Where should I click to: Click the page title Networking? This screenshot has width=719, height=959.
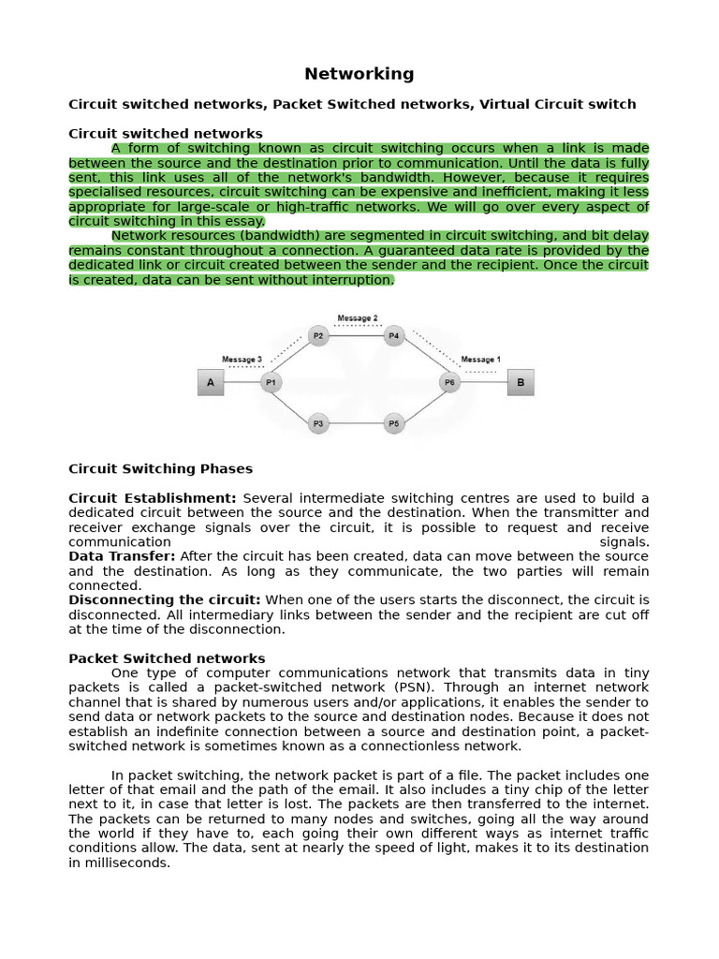click(359, 74)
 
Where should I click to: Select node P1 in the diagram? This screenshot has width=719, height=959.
click(271, 382)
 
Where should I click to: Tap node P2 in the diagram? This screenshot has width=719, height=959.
click(318, 335)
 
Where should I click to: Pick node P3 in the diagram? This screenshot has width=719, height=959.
click(318, 424)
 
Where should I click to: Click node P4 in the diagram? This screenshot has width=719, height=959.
click(394, 335)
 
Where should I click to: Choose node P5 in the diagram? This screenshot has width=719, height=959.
click(394, 424)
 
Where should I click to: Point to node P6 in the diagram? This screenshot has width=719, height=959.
click(450, 382)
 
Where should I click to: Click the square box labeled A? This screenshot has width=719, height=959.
click(211, 382)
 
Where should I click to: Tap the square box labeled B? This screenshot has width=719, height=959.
click(521, 382)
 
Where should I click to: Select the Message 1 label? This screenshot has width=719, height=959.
click(480, 360)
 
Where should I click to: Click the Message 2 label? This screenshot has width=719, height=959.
click(358, 318)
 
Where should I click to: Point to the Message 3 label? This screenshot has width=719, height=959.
click(242, 360)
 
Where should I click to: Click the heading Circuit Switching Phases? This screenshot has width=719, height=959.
click(160, 468)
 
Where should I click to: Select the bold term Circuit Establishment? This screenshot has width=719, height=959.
click(153, 498)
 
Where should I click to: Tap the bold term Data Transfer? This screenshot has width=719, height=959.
click(122, 556)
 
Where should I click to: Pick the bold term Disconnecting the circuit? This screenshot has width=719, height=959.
click(165, 599)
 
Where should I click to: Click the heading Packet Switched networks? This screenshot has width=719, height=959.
click(167, 658)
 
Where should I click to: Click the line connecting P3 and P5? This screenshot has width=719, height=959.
click(356, 424)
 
